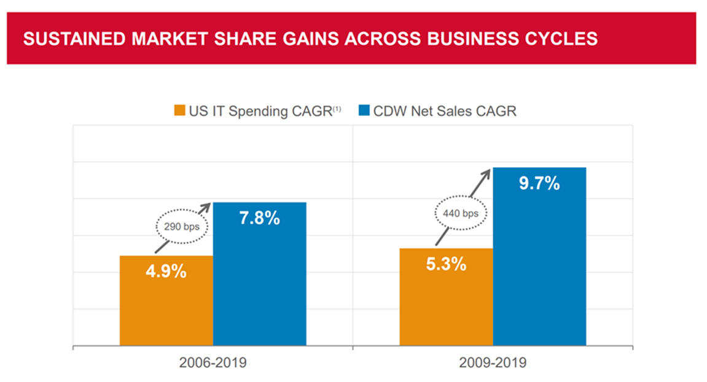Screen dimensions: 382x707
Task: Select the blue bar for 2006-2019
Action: pyautogui.click(x=259, y=289)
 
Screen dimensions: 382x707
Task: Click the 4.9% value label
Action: pyautogui.click(x=166, y=271)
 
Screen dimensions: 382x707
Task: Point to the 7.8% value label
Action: pyautogui.click(x=259, y=218)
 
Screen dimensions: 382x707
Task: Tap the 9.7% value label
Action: pyautogui.click(x=539, y=183)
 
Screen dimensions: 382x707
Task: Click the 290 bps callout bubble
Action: pyautogui.click(x=182, y=227)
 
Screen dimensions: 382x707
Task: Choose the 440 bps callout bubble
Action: pyautogui.click(x=461, y=214)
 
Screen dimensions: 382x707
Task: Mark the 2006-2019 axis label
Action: pyautogui.click(x=213, y=363)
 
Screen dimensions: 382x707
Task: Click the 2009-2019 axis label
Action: pyautogui.click(x=493, y=363)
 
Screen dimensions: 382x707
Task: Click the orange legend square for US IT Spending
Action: pyautogui.click(x=179, y=111)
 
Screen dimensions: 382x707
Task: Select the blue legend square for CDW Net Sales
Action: pyautogui.click(x=365, y=111)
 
